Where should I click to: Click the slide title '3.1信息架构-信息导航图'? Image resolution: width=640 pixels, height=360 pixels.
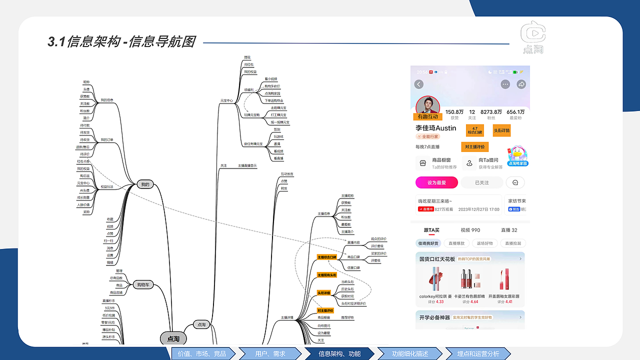pos(121,42)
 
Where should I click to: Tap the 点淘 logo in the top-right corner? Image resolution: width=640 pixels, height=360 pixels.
pos(532,36)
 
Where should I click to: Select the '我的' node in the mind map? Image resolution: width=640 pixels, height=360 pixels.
pos(145,184)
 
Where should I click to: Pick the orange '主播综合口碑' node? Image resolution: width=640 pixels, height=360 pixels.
pos(327,257)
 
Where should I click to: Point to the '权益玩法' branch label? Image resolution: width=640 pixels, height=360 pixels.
pos(107,187)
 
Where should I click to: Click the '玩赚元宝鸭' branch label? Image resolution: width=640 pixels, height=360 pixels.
pos(251,115)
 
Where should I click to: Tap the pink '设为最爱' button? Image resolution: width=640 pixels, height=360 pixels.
pos(436,183)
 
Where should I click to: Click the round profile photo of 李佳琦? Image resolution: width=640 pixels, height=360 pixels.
pos(427,106)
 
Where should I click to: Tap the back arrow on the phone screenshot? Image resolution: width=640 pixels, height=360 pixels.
pos(419,84)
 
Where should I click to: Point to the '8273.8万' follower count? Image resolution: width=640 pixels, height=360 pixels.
pos(491,112)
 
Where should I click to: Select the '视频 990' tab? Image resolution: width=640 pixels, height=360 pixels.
pos(470,230)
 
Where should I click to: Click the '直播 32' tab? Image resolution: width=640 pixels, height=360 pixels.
pos(509,230)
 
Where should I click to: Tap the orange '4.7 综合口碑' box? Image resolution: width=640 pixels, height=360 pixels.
pos(474,130)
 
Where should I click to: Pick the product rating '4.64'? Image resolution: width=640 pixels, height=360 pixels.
pos(474,302)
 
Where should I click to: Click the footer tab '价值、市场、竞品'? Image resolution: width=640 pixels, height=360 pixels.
pos(202,353)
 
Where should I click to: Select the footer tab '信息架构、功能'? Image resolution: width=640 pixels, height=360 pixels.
pos(339,353)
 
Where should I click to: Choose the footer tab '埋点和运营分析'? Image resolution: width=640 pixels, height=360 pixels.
pos(478,353)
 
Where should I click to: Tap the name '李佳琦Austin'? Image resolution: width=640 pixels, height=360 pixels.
pos(435,128)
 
